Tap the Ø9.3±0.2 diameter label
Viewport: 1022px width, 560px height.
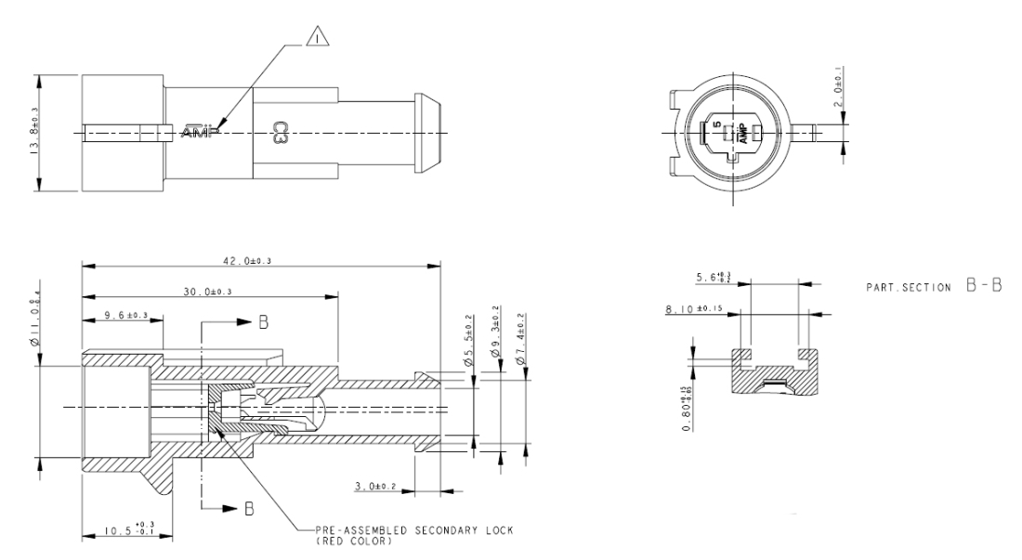tap(496, 332)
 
